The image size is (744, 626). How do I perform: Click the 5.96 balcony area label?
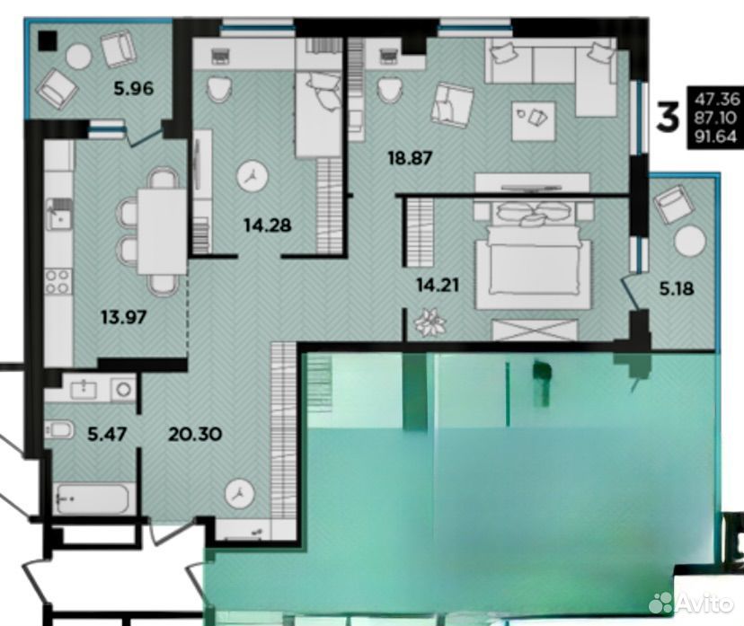click(133, 88)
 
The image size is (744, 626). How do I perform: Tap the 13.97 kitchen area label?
click(124, 317)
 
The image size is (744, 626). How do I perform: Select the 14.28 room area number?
click(267, 225)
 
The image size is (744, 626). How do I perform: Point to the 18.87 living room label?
click(410, 158)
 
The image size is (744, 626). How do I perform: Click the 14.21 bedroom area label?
click(438, 286)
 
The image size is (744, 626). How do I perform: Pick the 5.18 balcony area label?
click(677, 288)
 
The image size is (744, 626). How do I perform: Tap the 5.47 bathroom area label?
click(107, 434)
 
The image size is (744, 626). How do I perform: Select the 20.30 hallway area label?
click(195, 434)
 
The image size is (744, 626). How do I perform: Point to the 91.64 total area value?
click(716, 137)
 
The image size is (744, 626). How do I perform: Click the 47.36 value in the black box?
click(716, 99)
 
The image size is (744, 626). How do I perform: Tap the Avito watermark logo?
click(690, 603)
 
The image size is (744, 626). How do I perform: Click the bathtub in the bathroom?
click(92, 498)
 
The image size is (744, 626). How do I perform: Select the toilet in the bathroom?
click(59, 429)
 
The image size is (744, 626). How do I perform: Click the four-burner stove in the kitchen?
click(58, 282)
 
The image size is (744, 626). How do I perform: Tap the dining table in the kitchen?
click(163, 232)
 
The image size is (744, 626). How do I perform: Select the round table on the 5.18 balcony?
click(689, 242)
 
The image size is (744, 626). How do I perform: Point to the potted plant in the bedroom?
click(430, 323)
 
